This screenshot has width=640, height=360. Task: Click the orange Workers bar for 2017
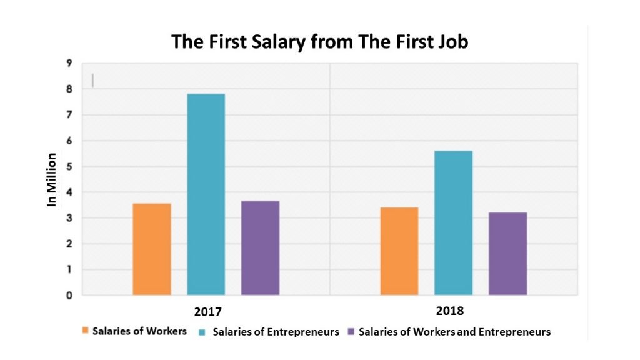152,249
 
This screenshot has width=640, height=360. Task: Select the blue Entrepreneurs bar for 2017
206,194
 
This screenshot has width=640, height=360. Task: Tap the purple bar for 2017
260,248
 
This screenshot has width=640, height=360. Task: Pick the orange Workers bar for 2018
399,251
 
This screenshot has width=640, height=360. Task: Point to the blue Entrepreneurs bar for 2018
454,223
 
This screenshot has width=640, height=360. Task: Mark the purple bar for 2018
507,254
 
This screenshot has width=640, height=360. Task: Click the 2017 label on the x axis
207,311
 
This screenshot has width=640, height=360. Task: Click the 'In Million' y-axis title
52,179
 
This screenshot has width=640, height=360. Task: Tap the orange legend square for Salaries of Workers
85,331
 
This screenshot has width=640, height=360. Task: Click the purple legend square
352,332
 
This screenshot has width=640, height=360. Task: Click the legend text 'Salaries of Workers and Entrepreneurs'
454,332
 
